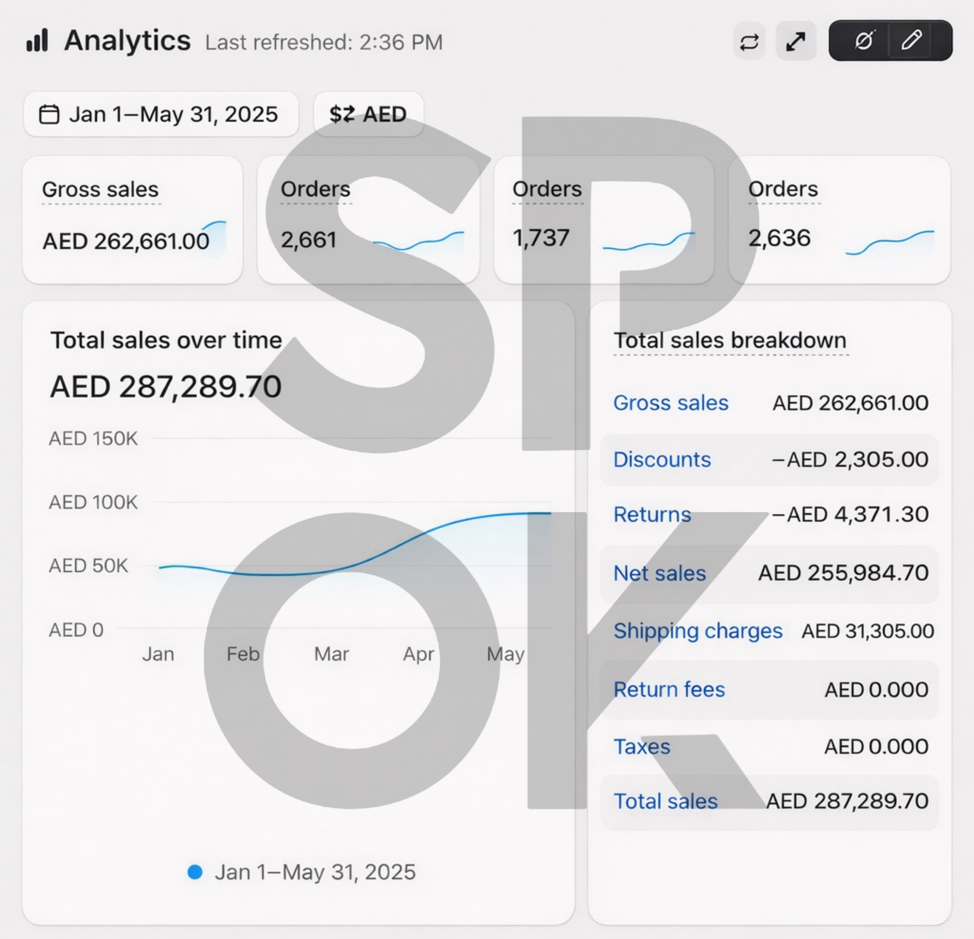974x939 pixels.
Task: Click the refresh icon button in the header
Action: (x=749, y=41)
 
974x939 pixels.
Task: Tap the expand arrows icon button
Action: (x=796, y=41)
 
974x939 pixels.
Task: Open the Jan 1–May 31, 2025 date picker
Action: (x=161, y=114)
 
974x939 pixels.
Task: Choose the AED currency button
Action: (x=368, y=114)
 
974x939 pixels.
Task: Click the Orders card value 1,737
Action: (x=541, y=238)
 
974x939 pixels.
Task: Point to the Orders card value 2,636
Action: (x=779, y=238)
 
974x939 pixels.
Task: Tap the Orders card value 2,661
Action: (x=309, y=240)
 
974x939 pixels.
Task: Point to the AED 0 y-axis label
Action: (x=76, y=630)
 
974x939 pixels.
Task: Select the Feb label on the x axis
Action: (x=243, y=654)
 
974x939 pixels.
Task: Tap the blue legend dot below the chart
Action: (x=195, y=872)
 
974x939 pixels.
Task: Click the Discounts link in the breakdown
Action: (x=662, y=459)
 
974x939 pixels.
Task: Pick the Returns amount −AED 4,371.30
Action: (x=850, y=514)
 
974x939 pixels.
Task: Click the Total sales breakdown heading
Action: (x=730, y=341)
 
